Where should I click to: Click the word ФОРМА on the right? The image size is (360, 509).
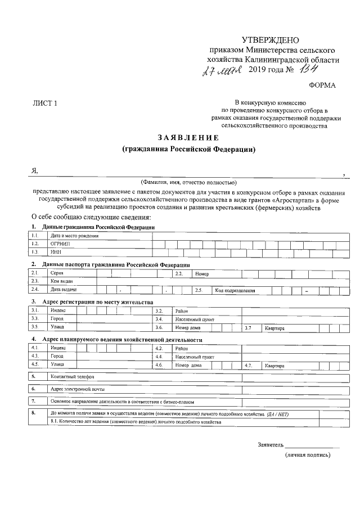pyautogui.click(x=322, y=85)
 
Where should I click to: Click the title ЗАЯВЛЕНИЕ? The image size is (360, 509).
pyautogui.click(x=188, y=138)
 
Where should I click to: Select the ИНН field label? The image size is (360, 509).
pyautogui.click(x=55, y=253)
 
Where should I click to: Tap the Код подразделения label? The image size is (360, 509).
pyautogui.click(x=235, y=290)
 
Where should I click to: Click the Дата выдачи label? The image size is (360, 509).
pyautogui.click(x=64, y=290)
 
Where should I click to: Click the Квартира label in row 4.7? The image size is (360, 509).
pyautogui.click(x=275, y=366)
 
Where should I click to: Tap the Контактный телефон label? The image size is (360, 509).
pyautogui.click(x=72, y=377)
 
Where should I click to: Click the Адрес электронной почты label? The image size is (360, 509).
pyautogui.click(x=77, y=389)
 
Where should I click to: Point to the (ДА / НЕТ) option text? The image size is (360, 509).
pyautogui.click(x=290, y=414)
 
